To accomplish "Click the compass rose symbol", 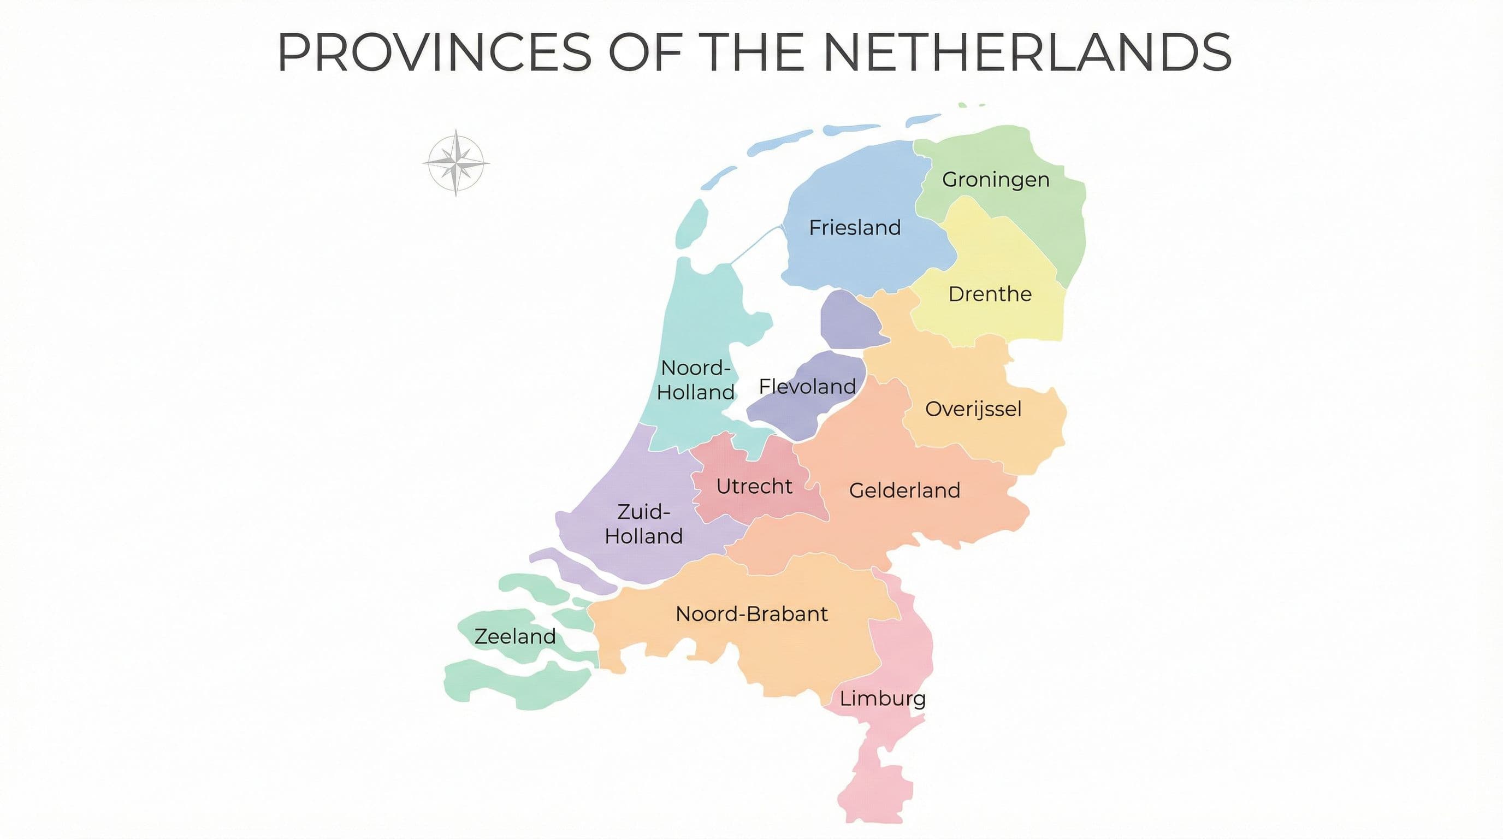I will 456,163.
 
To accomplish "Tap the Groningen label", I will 996,180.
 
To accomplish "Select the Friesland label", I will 855,228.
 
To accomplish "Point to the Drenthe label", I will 990,294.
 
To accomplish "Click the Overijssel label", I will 973,409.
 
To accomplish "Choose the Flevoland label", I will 807,386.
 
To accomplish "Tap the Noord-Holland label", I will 695,380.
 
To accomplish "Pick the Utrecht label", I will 754,486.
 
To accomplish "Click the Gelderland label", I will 904,490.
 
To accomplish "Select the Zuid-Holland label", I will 643,524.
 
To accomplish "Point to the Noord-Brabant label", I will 752,614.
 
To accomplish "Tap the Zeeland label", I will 514,636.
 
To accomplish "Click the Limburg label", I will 882,699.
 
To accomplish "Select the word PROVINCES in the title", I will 435,52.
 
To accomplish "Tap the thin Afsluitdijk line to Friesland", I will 755,245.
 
